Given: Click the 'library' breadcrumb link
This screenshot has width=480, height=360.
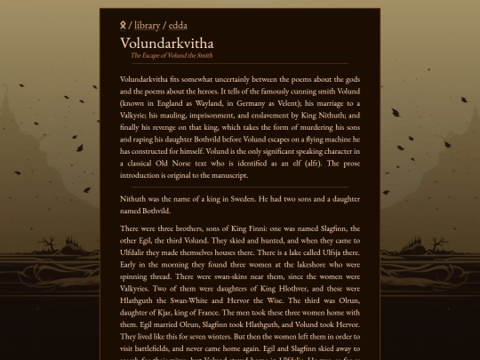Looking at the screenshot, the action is (x=147, y=26).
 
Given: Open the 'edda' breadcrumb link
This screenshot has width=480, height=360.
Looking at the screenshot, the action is (x=178, y=26).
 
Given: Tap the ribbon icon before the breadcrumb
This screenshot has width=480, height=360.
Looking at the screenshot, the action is (x=123, y=26).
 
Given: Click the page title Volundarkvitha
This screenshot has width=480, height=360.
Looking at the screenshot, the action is (x=166, y=43).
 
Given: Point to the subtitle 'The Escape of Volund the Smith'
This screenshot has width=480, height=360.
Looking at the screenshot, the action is (x=172, y=55).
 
